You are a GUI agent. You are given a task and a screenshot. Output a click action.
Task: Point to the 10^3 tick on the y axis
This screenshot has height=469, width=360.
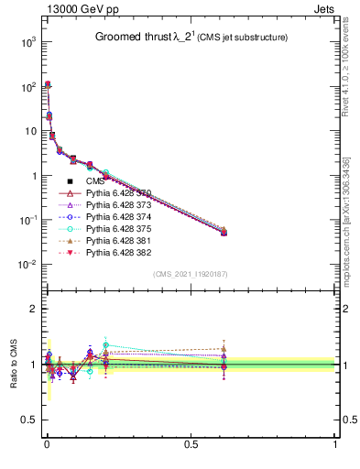tap(27, 42)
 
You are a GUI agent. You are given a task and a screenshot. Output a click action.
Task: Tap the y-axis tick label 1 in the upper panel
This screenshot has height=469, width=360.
tap(31, 176)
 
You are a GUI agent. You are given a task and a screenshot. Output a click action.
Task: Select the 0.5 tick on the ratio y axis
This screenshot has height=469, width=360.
tap(27, 420)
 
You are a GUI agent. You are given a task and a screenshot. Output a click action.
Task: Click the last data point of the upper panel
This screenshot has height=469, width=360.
tap(224, 233)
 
